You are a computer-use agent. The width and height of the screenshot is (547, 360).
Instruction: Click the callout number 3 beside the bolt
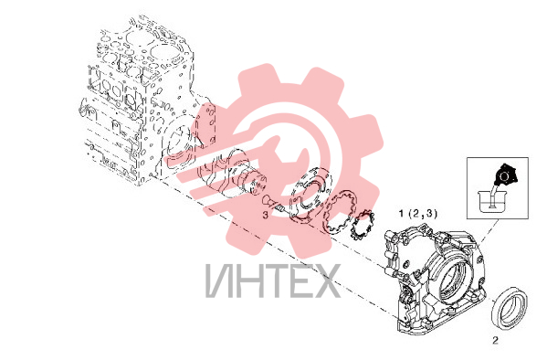pos(265,215)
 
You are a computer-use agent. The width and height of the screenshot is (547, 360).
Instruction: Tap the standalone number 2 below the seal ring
pos(495,341)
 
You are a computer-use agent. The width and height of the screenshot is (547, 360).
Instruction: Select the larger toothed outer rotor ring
pos(340,213)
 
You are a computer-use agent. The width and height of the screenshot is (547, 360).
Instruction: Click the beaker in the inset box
pos(491,202)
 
